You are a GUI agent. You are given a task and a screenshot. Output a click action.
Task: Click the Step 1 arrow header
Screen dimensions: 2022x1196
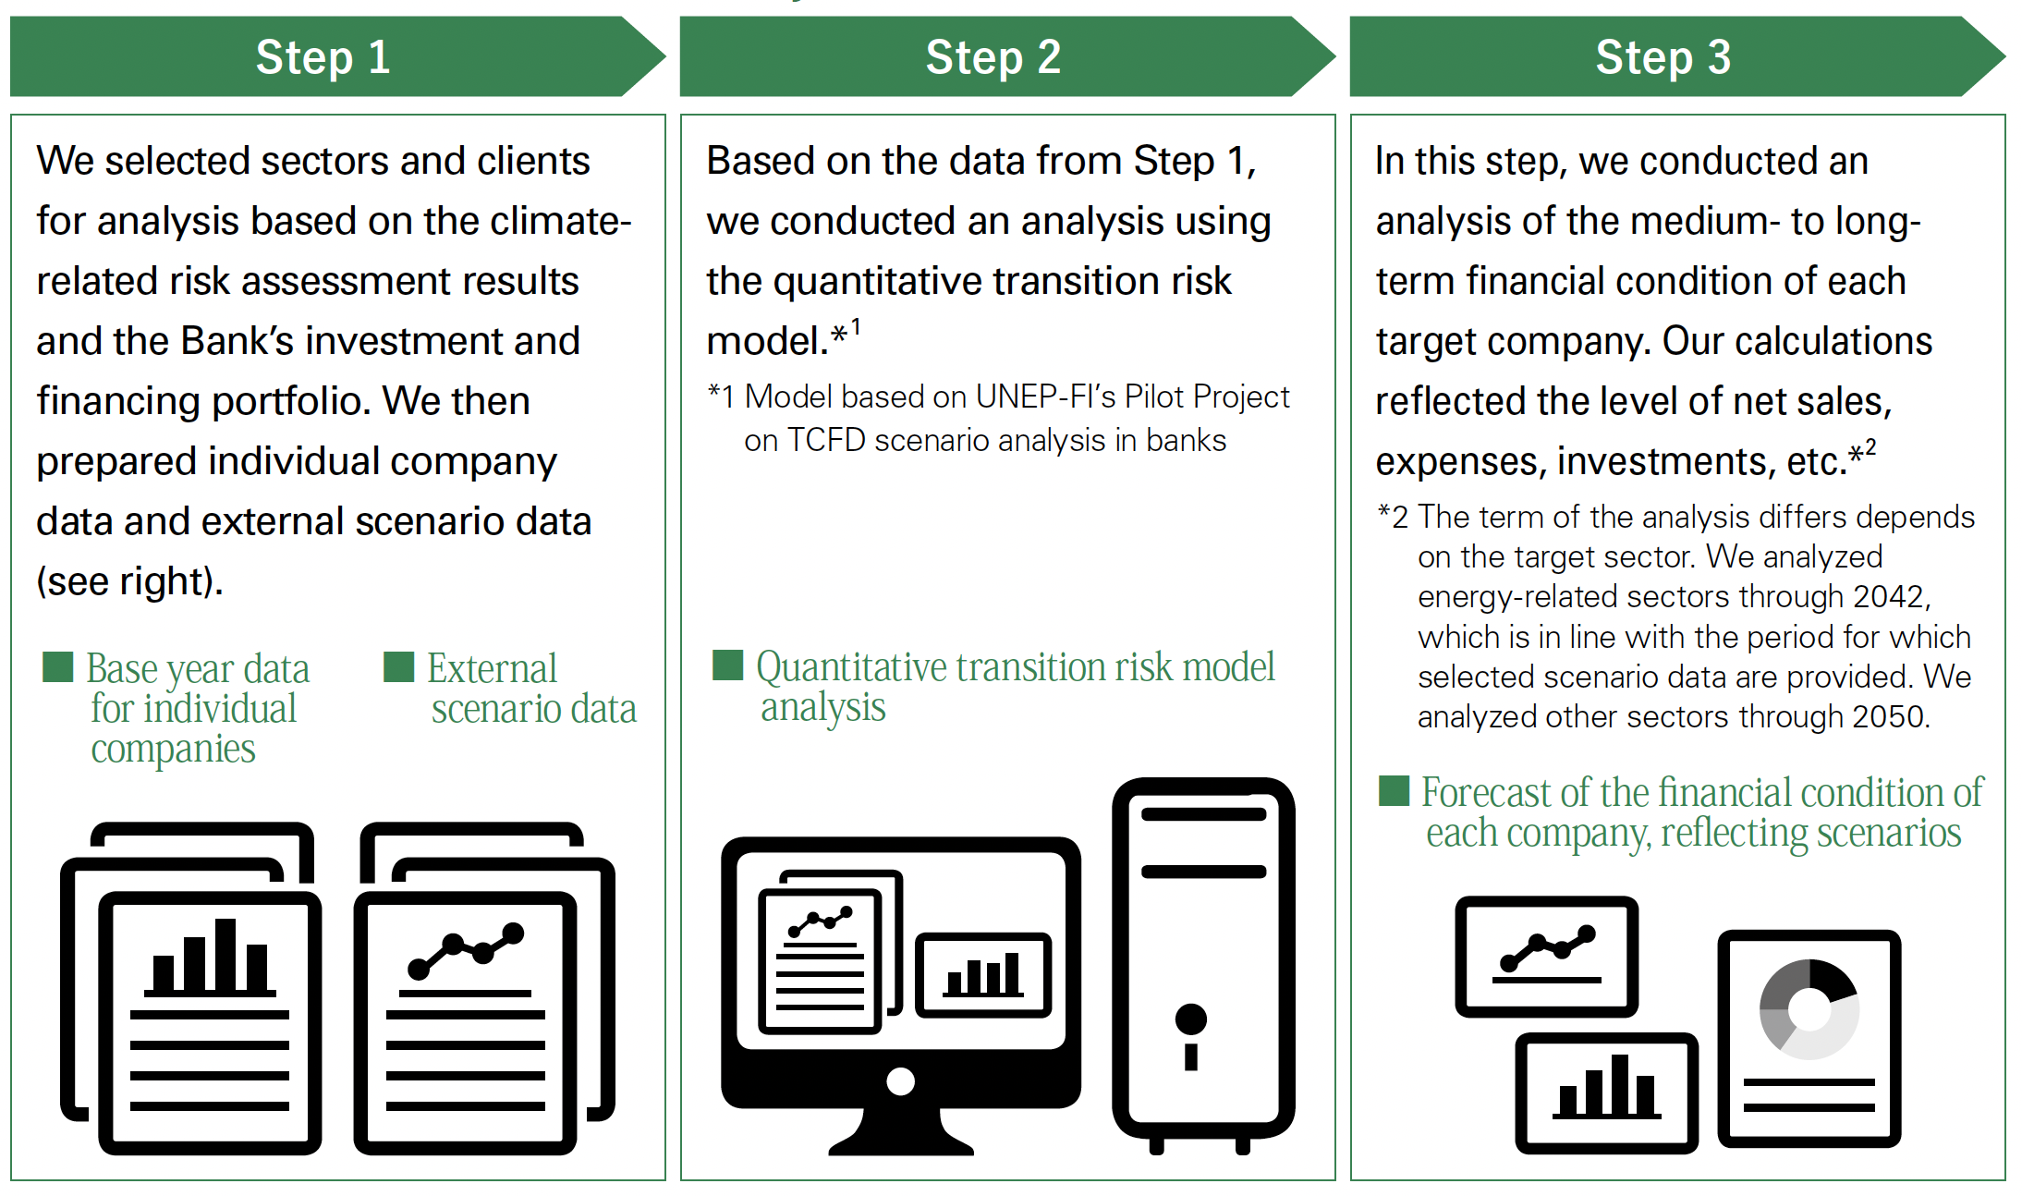point(337,56)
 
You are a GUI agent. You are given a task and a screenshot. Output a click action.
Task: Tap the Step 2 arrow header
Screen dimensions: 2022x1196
point(1007,56)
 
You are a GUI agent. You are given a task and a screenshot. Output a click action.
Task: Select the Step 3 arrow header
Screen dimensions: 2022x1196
point(1677,56)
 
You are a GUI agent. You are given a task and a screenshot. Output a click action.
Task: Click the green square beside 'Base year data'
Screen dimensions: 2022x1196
point(58,666)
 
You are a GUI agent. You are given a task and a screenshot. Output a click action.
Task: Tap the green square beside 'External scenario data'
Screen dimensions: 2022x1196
point(398,666)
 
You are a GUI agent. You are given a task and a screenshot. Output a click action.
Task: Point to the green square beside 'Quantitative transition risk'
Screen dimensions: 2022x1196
point(727,665)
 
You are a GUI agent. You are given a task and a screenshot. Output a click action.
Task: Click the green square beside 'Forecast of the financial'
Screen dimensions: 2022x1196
point(1394,790)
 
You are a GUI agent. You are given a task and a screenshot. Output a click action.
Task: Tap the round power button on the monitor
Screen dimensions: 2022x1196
point(900,1080)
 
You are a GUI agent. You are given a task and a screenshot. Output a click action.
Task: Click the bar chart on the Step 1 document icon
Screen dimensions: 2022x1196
point(210,958)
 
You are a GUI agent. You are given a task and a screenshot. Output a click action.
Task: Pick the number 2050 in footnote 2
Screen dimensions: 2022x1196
point(1887,717)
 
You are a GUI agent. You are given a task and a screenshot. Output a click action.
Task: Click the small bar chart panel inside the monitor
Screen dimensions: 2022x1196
point(983,975)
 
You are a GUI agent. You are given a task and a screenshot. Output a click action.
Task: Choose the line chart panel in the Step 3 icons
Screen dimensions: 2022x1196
point(1546,956)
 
